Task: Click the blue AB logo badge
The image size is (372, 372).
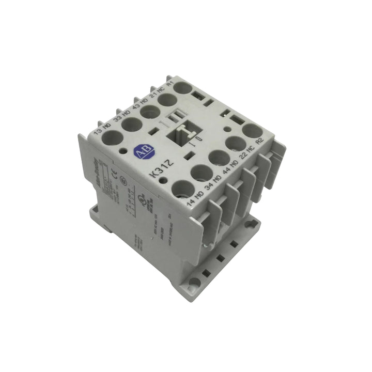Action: pos(141,150)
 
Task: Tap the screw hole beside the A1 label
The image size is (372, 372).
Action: pos(181,88)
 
